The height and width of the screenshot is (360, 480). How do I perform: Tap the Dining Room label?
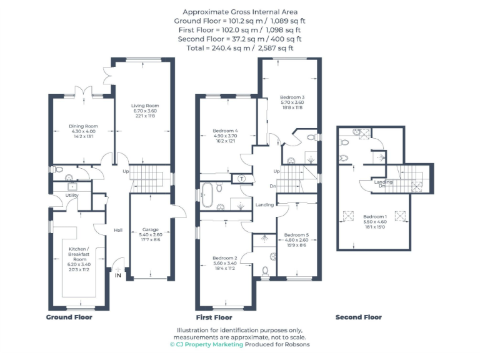tap(82, 126)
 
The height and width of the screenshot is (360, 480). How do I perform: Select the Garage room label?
tap(149, 229)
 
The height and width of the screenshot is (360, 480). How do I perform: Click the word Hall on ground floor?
tap(117, 230)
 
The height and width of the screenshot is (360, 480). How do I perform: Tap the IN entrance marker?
tap(117, 274)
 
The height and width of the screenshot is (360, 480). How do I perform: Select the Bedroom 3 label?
tap(292, 97)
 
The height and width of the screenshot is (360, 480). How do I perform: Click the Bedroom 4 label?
tap(225, 131)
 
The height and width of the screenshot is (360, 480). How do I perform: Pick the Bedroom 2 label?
tap(224, 258)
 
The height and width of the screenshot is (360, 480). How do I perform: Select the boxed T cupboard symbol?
tap(242, 179)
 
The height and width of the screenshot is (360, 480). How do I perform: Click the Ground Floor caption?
tap(69, 317)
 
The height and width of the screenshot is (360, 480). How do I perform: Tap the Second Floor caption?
tap(358, 317)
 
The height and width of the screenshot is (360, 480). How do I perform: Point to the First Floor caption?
tap(214, 317)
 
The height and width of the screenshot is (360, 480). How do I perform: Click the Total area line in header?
tap(240, 47)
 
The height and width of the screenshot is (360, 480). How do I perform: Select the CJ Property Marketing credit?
tap(206, 344)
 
